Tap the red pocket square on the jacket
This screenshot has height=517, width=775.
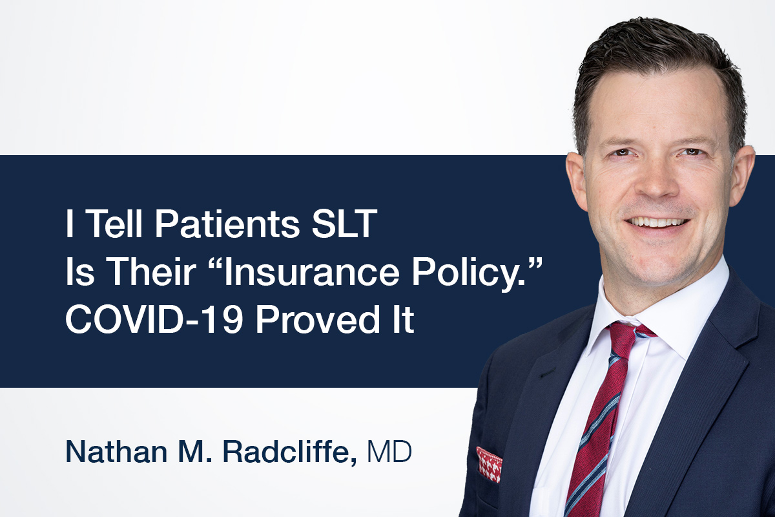click(489, 464)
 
